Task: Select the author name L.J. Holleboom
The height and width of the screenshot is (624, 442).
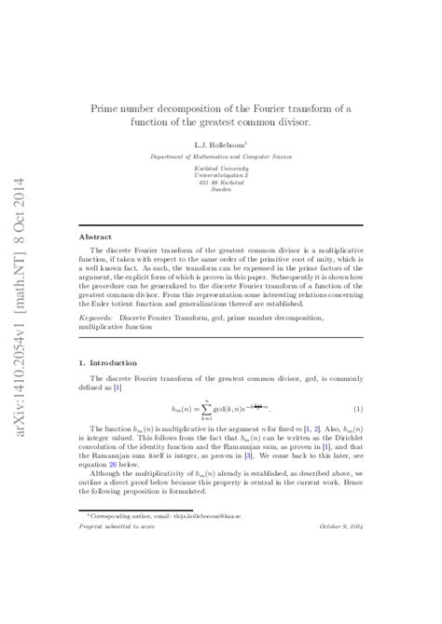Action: tap(220, 145)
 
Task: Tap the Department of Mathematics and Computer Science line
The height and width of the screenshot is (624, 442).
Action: tap(220, 156)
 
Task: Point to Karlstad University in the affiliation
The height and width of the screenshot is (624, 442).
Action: tap(221, 169)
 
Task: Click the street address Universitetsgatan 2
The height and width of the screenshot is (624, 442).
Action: tap(221, 175)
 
